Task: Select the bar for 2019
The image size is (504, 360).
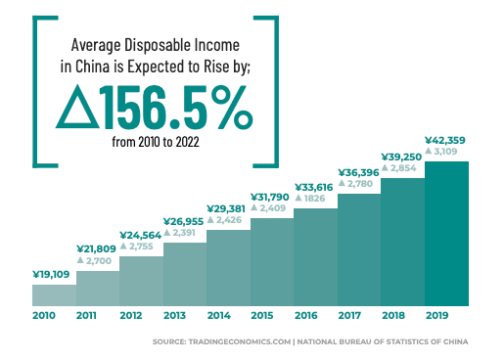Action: [x=446, y=234]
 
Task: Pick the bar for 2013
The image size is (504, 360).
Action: [x=185, y=275]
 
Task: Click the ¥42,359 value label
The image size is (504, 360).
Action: [x=446, y=139]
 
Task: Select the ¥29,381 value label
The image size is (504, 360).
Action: [x=229, y=208]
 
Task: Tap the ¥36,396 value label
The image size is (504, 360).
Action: [x=359, y=171]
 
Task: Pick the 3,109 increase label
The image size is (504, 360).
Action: [x=447, y=152]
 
